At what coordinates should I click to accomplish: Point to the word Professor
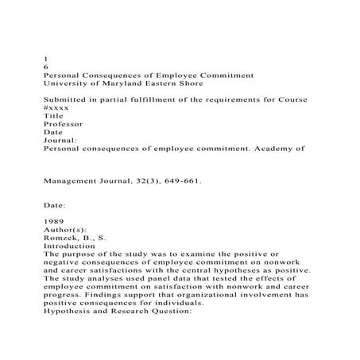[64, 123]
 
